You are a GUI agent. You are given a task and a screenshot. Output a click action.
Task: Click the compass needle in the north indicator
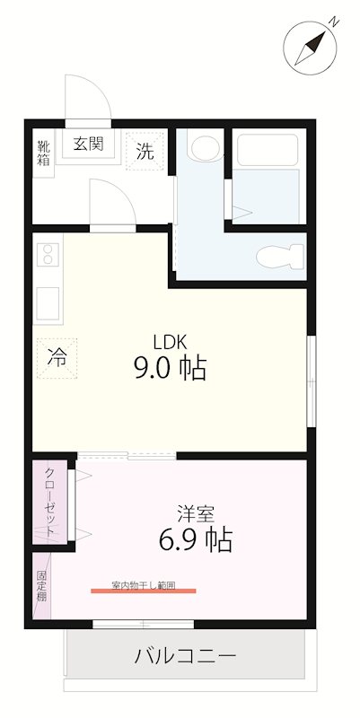(310, 48)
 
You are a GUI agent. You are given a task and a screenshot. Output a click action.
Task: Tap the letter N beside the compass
(335, 22)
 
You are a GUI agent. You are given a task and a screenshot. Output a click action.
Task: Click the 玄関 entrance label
(88, 144)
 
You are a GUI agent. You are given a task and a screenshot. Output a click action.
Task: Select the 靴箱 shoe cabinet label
(43, 153)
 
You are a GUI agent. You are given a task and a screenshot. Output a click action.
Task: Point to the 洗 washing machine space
(145, 152)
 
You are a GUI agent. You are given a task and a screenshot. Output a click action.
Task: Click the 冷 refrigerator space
(57, 358)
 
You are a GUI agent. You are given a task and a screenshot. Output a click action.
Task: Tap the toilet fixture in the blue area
(280, 257)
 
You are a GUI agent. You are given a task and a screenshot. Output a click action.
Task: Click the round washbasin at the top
(206, 145)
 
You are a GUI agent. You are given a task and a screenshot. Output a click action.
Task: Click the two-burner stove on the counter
(48, 254)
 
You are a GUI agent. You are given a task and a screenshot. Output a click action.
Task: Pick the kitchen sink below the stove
(48, 302)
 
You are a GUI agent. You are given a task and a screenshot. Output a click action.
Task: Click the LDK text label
(170, 341)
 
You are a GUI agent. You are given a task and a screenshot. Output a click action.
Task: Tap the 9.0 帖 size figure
(170, 368)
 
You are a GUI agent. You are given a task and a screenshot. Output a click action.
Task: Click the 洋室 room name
(196, 513)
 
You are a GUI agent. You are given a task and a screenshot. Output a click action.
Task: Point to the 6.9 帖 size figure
(196, 539)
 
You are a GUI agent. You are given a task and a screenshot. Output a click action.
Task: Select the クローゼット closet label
(50, 502)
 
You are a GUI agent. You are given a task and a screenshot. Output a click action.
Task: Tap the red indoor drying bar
(144, 591)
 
